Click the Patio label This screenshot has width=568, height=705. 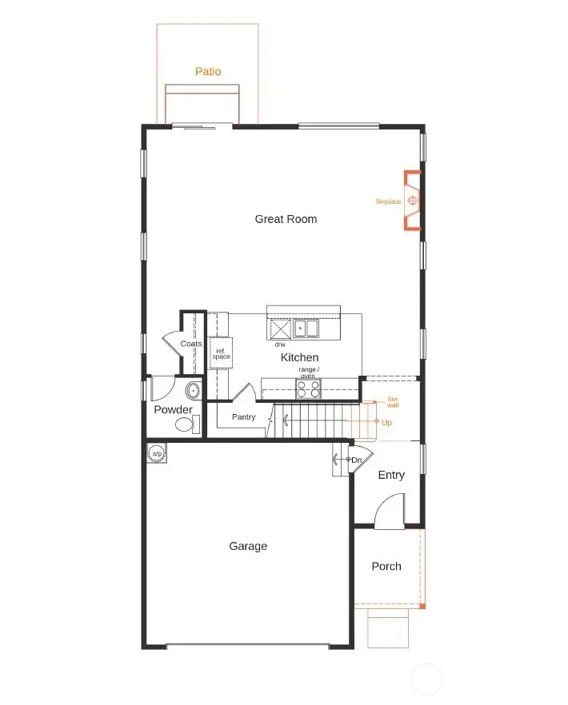[208, 71]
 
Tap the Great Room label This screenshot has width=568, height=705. [286, 219]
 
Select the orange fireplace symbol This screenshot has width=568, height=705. [413, 200]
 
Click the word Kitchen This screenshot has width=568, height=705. [299, 357]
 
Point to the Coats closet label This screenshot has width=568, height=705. [190, 344]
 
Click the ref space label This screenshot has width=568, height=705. [221, 353]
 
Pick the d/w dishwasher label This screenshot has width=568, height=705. [280, 345]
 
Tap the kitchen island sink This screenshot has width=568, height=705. [306, 328]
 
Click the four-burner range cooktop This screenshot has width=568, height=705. [309, 388]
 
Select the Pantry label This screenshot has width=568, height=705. [243, 417]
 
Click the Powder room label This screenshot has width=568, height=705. [173, 410]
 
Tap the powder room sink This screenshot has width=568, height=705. [193, 391]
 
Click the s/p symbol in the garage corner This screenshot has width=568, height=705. [157, 454]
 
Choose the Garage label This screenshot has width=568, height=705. [248, 546]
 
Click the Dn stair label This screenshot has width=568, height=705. [357, 460]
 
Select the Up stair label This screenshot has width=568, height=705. [386, 422]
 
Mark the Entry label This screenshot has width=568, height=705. [391, 475]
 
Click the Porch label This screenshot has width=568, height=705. [386, 566]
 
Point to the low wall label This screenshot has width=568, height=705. [393, 401]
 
